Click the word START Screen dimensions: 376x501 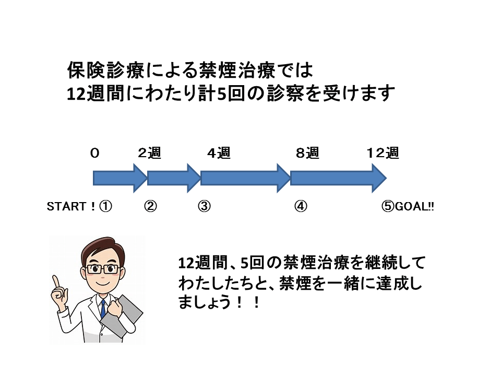[x=66, y=207]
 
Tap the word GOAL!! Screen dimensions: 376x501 [x=414, y=207]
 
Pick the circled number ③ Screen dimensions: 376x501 [x=205, y=207]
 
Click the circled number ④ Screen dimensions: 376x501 [x=301, y=207]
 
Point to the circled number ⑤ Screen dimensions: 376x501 [x=388, y=207]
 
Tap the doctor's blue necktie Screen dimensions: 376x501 [x=103, y=309]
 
